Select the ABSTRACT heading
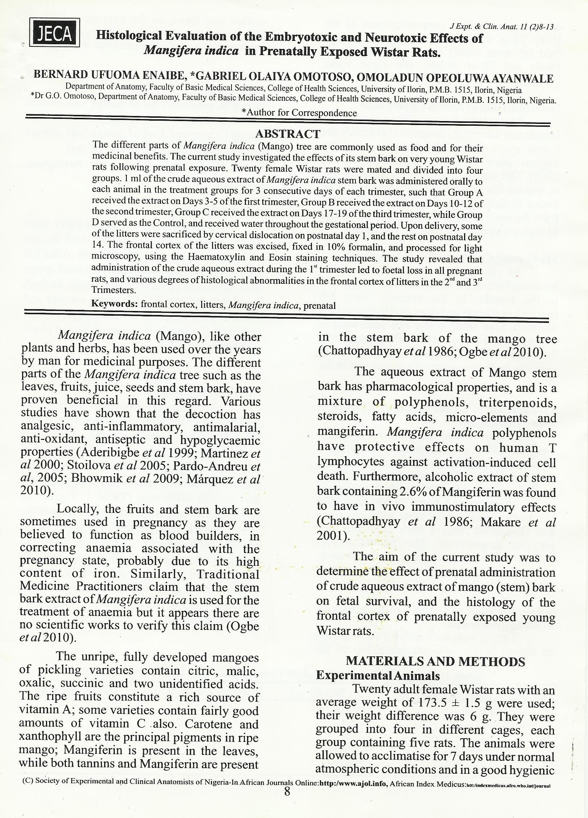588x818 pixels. click(288, 134)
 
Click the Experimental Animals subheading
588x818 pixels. click(378, 676)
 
